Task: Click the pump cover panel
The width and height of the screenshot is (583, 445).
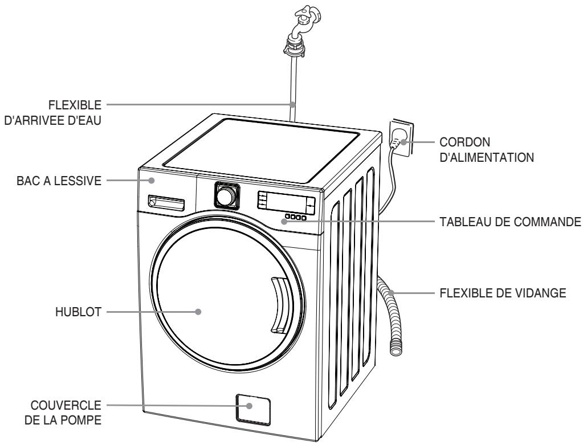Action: pyautogui.click(x=251, y=408)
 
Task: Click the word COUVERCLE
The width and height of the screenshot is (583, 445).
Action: pyautogui.click(x=70, y=406)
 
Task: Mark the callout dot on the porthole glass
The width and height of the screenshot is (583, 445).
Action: pyautogui.click(x=198, y=312)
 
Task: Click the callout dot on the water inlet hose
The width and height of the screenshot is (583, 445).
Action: pyautogui.click(x=292, y=105)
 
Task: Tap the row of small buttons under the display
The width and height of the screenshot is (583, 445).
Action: pyautogui.click(x=296, y=217)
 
